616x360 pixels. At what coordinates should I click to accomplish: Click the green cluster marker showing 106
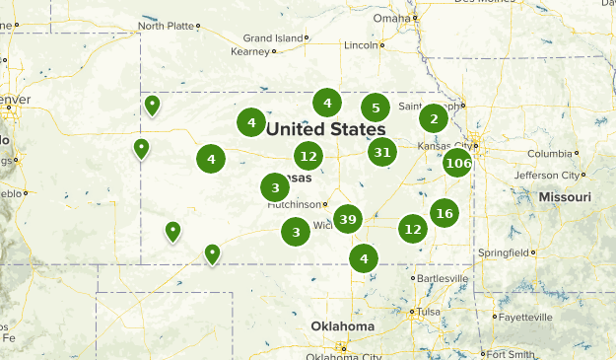(457, 163)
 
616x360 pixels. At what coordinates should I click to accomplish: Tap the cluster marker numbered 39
(347, 219)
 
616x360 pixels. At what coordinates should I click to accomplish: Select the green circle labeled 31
(382, 152)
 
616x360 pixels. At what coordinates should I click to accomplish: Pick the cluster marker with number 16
(445, 213)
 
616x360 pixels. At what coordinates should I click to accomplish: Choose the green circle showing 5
(375, 108)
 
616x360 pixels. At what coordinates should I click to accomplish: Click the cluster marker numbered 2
(434, 119)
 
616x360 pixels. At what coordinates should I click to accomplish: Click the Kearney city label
(248, 51)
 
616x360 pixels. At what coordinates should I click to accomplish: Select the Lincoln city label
(361, 45)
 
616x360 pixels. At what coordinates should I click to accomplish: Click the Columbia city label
(549, 154)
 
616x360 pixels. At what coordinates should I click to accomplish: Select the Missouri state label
(565, 198)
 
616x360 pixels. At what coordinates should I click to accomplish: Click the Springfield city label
(503, 252)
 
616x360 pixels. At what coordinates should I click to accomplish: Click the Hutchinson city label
(295, 204)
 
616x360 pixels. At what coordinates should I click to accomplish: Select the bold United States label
(325, 129)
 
